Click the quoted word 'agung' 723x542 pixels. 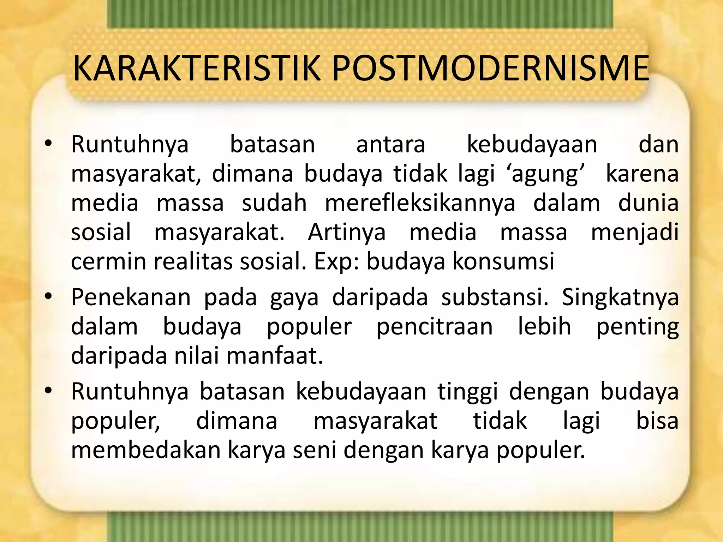[545, 174]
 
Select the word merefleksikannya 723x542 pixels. [420, 204]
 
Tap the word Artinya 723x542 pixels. [347, 233]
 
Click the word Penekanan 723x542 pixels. [131, 297]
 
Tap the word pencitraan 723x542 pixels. [435, 327]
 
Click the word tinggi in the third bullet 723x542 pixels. [467, 393]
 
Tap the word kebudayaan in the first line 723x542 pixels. [532, 145]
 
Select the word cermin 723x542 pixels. [108, 261]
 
